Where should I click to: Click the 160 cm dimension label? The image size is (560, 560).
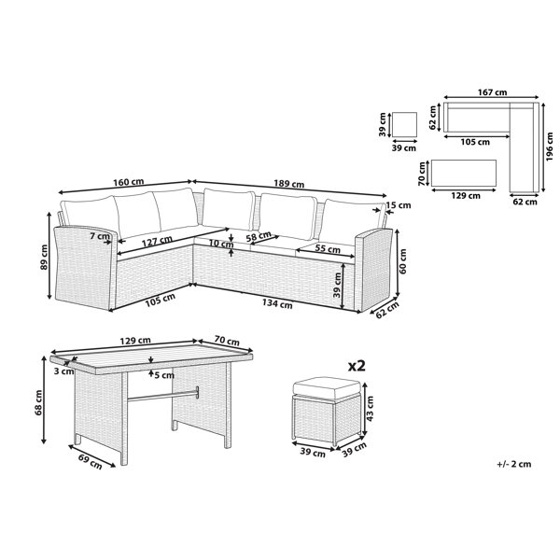129,182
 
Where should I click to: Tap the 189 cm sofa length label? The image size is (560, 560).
289,184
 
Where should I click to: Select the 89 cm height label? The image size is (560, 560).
44,257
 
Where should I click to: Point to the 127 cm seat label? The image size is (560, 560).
157,242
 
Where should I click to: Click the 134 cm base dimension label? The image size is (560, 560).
277,303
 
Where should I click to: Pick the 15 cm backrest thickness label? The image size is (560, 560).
399,205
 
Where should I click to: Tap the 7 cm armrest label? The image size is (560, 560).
100,236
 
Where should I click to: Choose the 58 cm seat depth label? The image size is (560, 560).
259,236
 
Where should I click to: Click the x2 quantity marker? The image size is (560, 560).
357,366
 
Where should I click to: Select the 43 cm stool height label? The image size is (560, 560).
370,408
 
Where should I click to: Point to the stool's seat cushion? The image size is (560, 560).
327,388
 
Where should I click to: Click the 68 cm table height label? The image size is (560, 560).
38,402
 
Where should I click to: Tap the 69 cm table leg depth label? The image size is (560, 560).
90,461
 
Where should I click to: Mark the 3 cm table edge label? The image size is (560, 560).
63,371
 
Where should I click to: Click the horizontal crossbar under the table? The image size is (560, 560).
162,396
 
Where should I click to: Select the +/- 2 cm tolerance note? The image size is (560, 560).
514,464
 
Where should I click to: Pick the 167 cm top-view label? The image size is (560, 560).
492,92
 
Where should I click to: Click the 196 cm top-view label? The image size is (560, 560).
550,147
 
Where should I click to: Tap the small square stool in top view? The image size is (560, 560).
405,124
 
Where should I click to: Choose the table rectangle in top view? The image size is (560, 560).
464,174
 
